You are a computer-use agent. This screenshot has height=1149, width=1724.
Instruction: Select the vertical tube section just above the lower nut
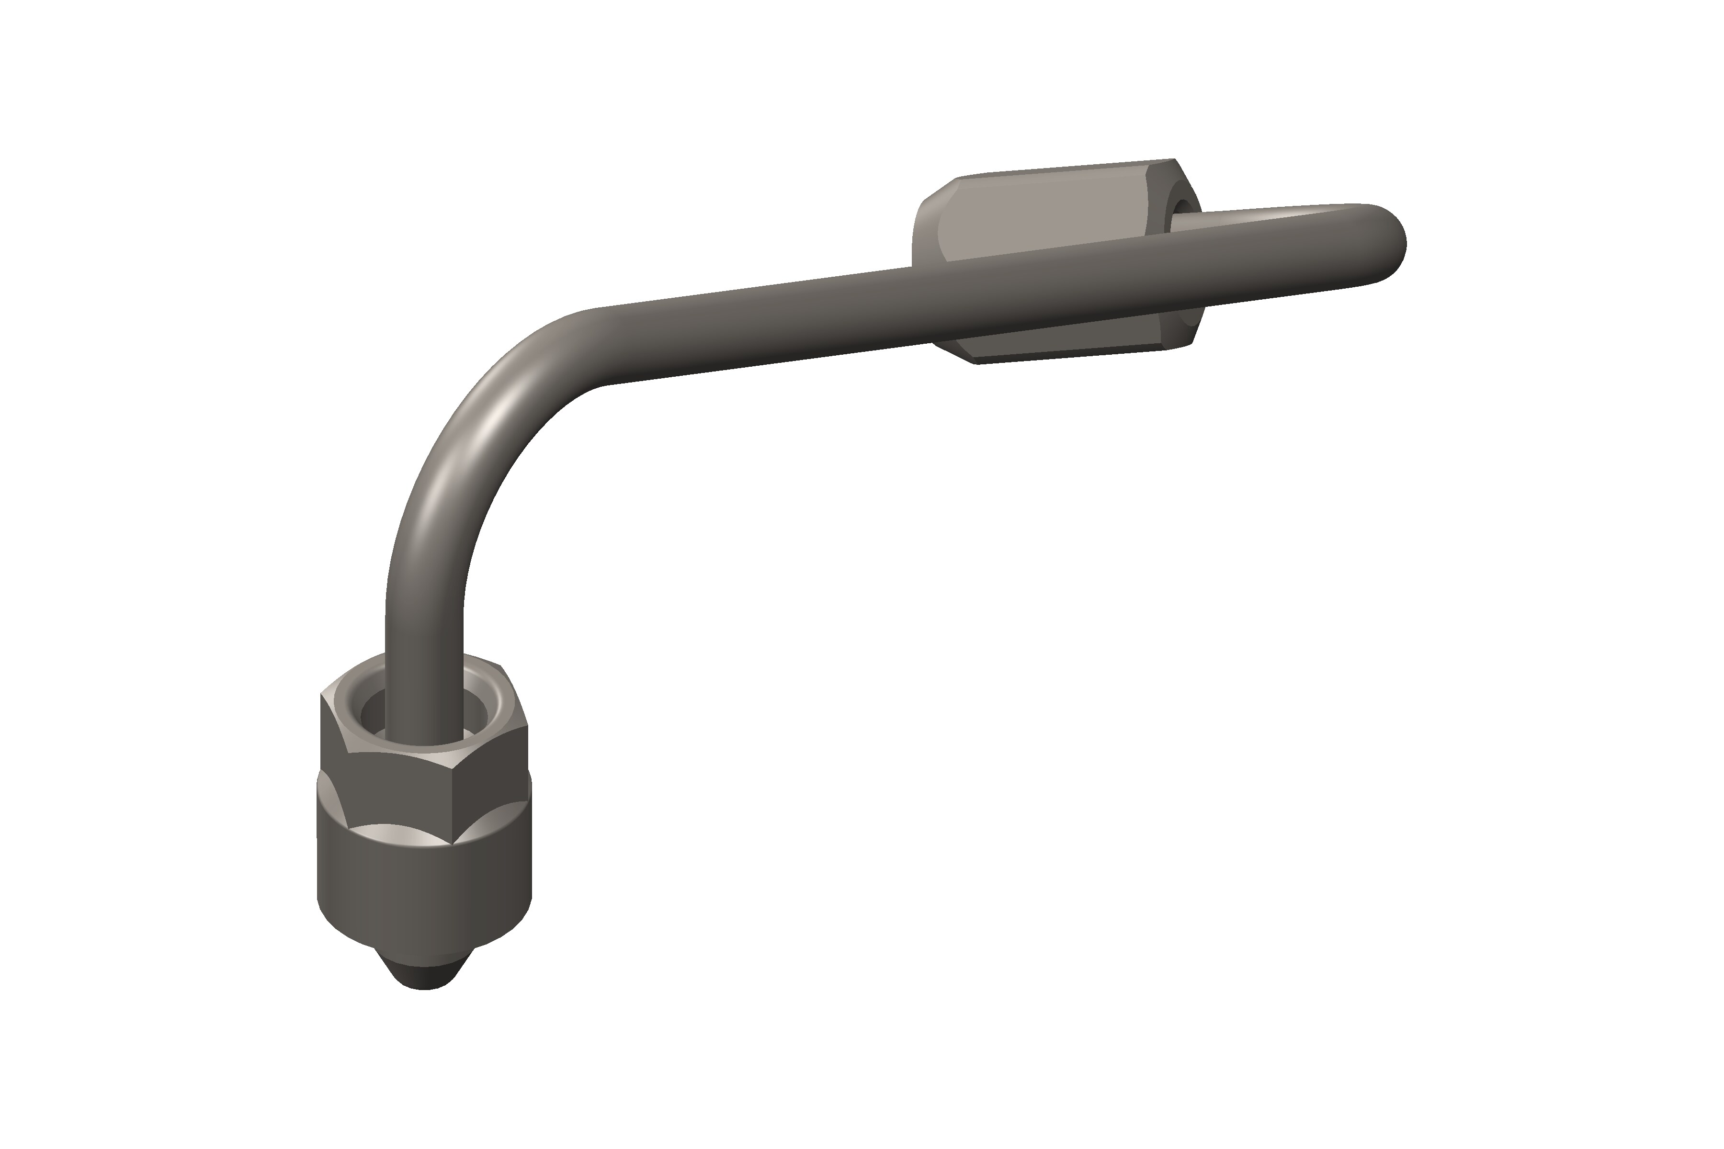pyautogui.click(x=424, y=645)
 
